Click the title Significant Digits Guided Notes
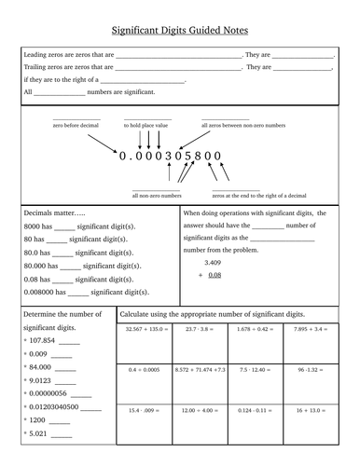coord(179,31)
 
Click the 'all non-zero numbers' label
coord(157,196)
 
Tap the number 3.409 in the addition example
coord(214,264)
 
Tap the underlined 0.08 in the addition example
coord(215,276)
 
